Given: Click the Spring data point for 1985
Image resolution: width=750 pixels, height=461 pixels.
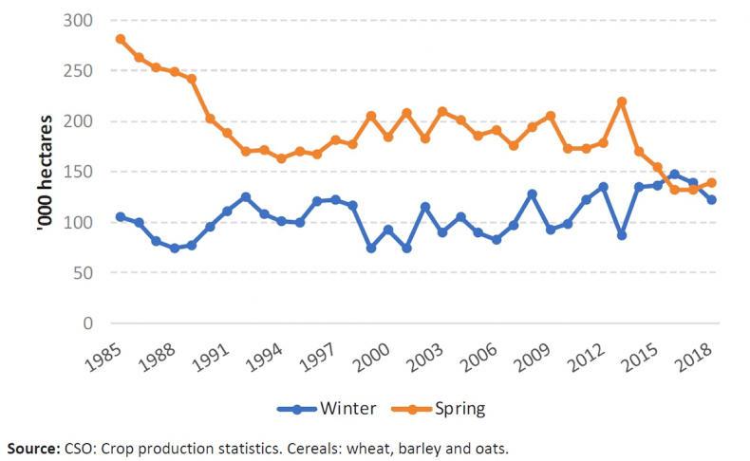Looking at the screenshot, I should pyautogui.click(x=121, y=39).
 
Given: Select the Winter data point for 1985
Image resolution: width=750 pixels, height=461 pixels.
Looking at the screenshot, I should pyautogui.click(x=121, y=216).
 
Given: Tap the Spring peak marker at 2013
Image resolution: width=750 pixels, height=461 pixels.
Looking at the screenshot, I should pyautogui.click(x=622, y=101).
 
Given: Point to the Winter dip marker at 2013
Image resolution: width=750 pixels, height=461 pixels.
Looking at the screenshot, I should pyautogui.click(x=622, y=234).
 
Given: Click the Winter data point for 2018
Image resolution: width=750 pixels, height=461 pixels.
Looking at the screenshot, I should pyautogui.click(x=711, y=199).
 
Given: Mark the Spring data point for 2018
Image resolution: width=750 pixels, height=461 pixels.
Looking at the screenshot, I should pyautogui.click(x=711, y=182).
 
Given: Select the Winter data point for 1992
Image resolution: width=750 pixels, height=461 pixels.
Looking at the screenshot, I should pyautogui.click(x=246, y=196).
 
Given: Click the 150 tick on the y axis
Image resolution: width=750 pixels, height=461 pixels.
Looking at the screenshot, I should pyautogui.click(x=82, y=172).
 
